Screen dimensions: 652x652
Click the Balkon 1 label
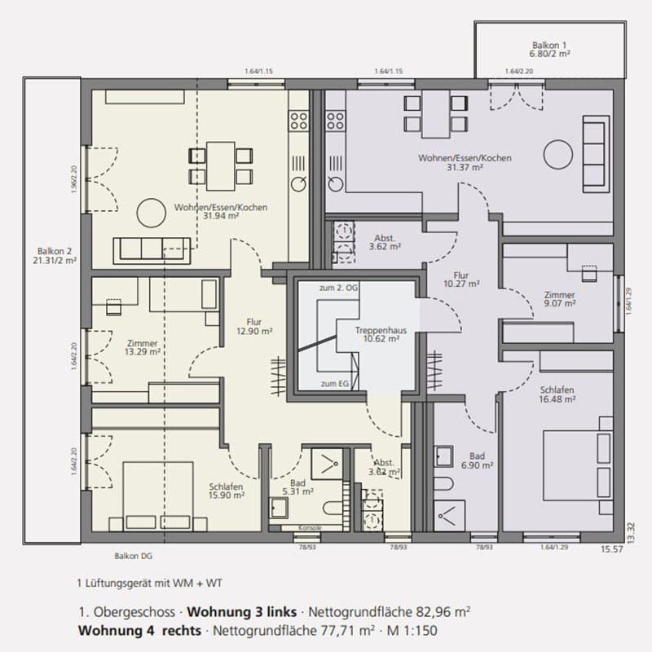coord(548,46)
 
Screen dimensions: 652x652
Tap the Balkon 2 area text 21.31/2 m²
coord(55,262)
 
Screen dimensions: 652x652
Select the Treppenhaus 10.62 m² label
coord(376,335)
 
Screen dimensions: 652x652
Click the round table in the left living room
coord(151,214)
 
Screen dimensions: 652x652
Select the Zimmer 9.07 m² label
coord(559,299)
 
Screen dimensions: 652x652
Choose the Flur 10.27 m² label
coord(461,280)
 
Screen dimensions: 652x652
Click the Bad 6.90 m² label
coord(477,460)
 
